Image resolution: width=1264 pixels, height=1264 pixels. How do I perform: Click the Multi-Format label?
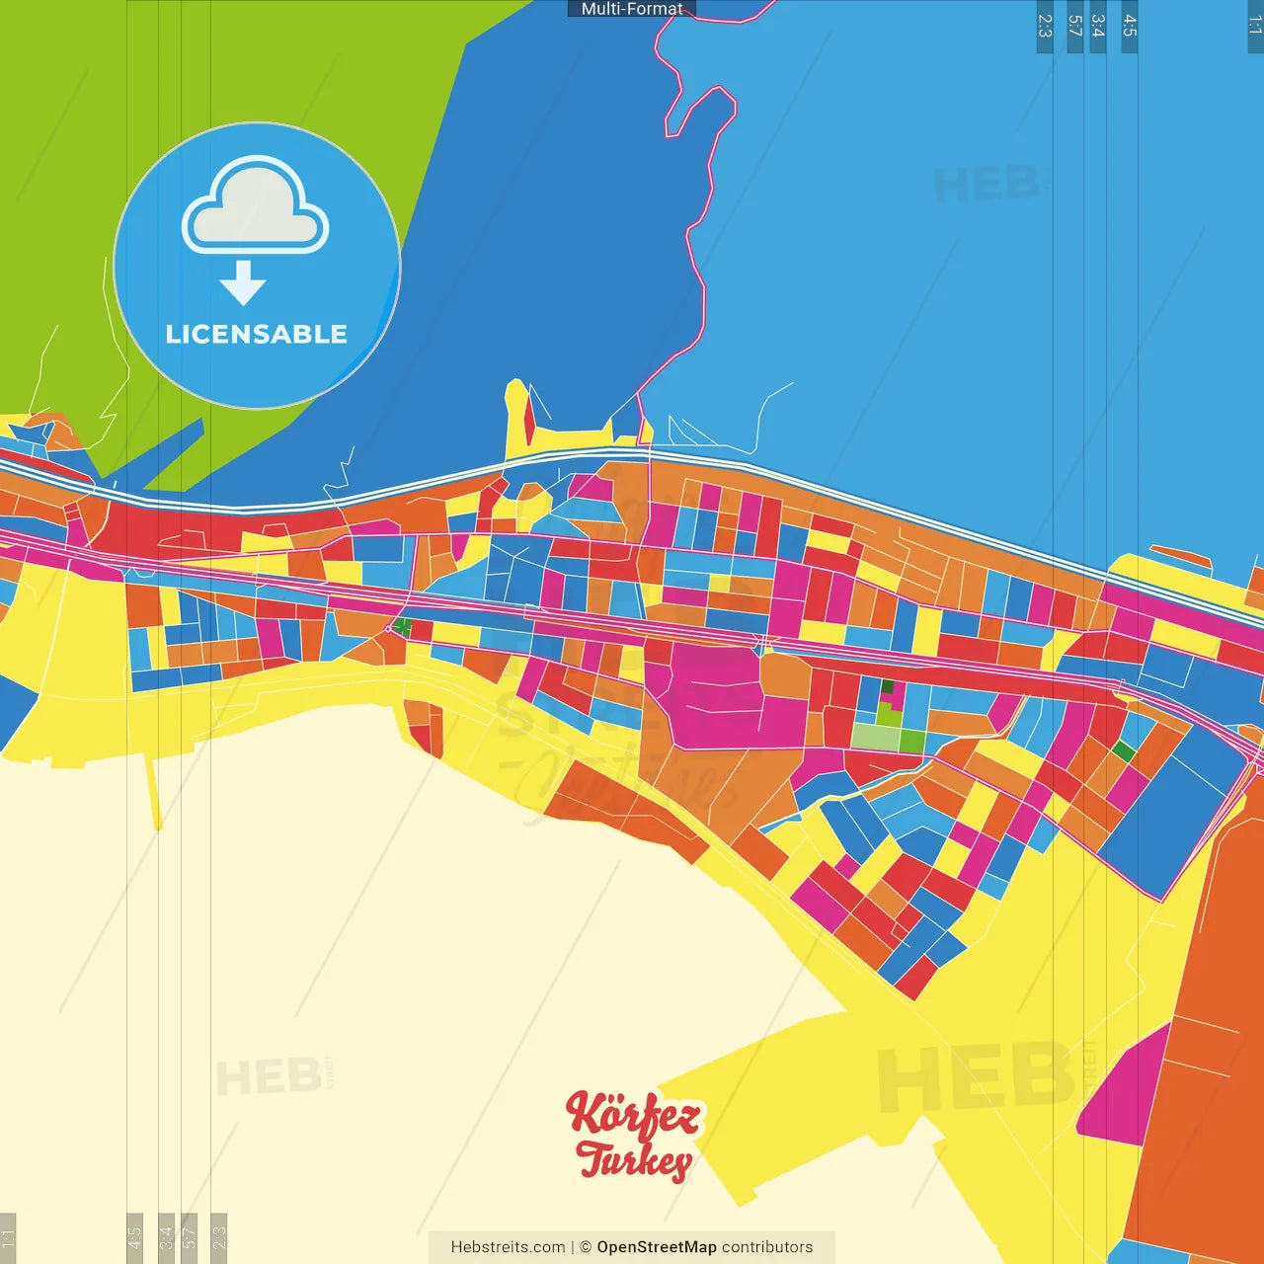[632, 9]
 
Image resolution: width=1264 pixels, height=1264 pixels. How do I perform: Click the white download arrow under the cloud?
[243, 282]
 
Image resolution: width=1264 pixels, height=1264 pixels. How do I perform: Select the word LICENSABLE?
[257, 335]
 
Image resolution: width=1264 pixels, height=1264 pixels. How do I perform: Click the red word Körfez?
[633, 1115]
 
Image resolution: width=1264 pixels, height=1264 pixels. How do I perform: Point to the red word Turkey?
[634, 1160]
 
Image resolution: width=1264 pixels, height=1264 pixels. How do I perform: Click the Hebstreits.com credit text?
[508, 1247]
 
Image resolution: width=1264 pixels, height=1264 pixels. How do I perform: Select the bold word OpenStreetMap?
[657, 1247]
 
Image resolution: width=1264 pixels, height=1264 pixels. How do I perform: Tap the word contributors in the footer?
[767, 1247]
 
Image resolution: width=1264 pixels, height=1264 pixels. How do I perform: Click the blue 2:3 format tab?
[1045, 26]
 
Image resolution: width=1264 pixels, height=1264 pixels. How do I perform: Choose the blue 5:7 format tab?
[1075, 26]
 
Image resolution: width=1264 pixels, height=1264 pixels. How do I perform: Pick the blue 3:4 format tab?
[1097, 26]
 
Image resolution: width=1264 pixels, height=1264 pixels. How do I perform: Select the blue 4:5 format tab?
[1130, 26]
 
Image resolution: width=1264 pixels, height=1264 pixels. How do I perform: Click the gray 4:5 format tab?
[134, 1236]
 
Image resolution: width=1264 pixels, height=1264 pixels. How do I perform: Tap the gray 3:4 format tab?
[166, 1236]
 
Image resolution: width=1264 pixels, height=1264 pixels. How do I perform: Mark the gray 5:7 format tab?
[189, 1236]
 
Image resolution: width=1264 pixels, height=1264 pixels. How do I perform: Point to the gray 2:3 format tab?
[219, 1236]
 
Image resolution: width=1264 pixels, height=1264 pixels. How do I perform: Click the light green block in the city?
[873, 737]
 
